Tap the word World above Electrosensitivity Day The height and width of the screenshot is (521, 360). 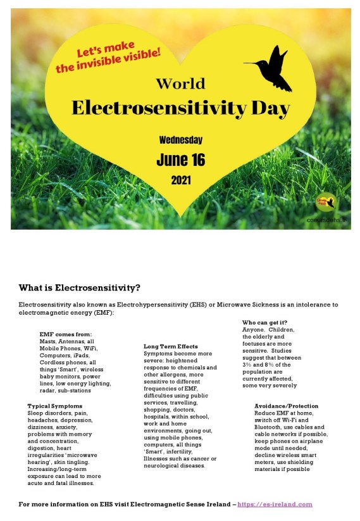pos(180,83)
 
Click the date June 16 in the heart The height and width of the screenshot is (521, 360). pos(180,159)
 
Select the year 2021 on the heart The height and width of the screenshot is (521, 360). pos(180,180)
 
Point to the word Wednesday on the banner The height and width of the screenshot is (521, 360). pos(181,139)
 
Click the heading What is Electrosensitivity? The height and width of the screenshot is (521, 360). pos(79,287)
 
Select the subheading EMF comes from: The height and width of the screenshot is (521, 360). pos(66,334)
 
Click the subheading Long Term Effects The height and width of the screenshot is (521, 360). pos(171,346)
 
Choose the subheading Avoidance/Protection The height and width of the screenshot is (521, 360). pos(286,406)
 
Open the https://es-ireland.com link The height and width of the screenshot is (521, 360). pos(275,504)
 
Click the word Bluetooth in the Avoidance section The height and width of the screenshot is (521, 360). pos(270,427)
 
